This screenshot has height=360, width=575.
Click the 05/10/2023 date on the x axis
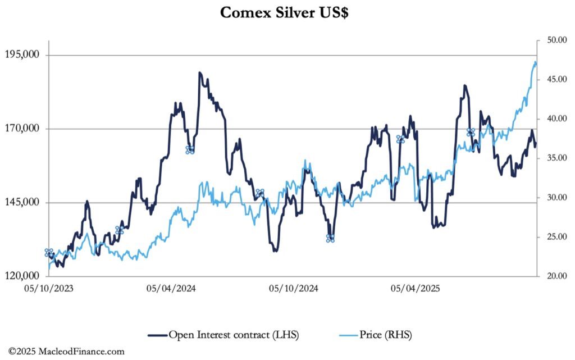[48, 289]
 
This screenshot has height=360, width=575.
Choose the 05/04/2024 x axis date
[171, 289]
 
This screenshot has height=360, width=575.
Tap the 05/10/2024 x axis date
[293, 289]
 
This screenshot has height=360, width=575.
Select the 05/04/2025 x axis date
[416, 289]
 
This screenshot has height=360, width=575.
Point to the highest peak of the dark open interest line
[200, 73]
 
